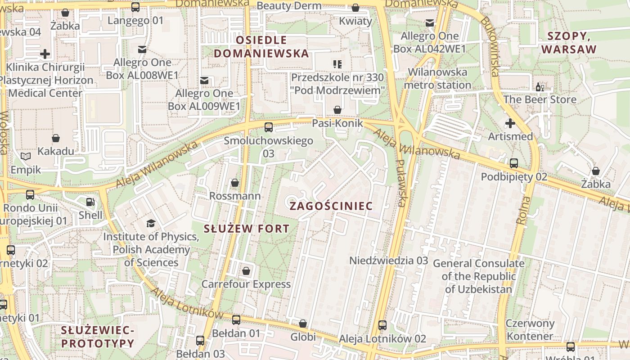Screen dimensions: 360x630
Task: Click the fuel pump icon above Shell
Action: (90, 202)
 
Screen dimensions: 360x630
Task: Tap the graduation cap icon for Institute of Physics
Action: (151, 223)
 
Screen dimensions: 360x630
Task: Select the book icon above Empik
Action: (26, 156)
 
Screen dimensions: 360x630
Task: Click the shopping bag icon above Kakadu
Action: (56, 138)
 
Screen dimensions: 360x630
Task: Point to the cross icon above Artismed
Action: (510, 123)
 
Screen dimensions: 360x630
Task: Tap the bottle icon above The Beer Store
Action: (539, 86)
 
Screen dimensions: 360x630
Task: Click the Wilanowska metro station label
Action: (437, 79)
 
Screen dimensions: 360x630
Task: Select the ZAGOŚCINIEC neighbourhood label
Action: (331, 206)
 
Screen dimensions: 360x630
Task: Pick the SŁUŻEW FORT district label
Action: (246, 229)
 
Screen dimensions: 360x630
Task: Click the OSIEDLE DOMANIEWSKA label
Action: (261, 47)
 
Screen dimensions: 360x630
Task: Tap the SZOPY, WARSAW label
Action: (569, 43)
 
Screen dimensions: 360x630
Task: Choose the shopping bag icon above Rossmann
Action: (234, 183)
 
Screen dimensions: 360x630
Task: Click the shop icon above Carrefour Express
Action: (246, 271)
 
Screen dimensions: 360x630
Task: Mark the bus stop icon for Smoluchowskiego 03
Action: (269, 127)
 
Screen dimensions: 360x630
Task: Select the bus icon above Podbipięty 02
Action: (514, 163)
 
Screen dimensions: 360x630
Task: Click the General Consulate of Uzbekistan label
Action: (478, 276)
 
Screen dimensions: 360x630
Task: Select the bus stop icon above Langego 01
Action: (135, 7)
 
